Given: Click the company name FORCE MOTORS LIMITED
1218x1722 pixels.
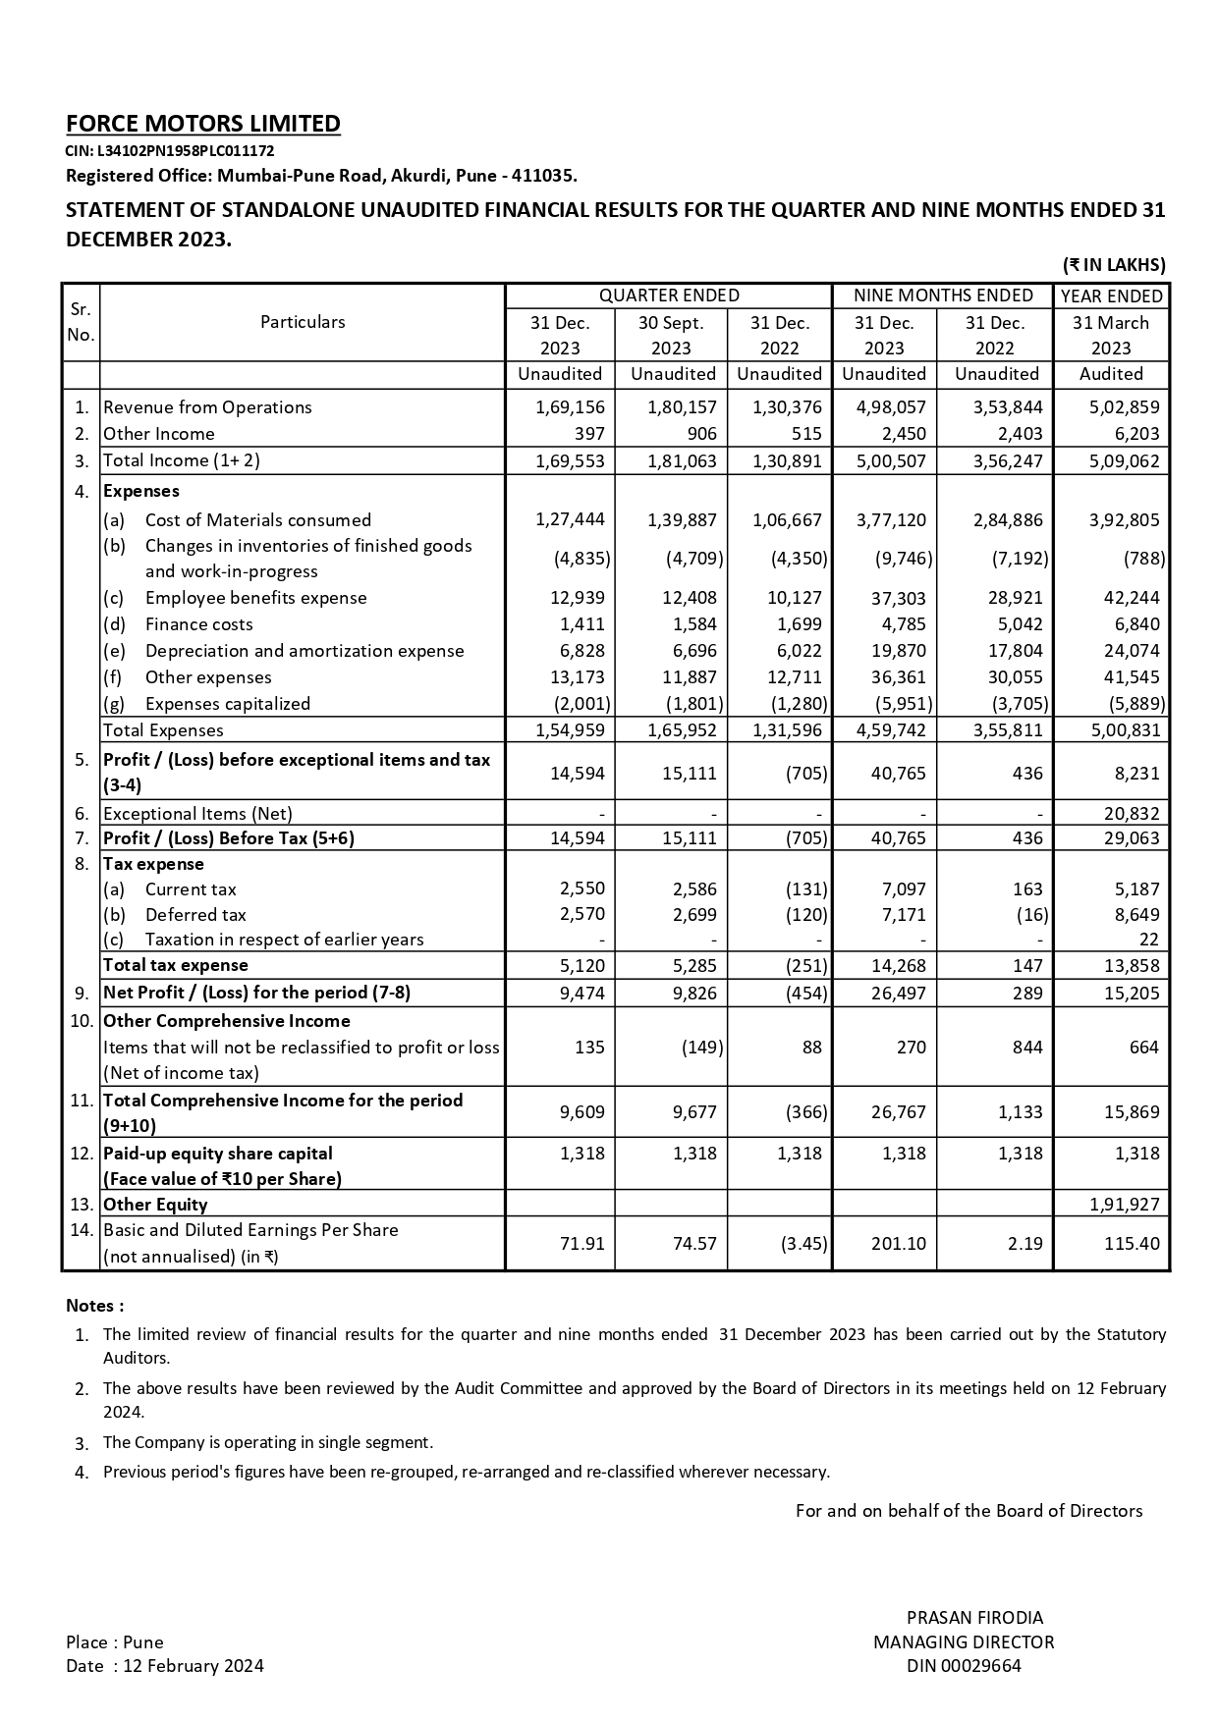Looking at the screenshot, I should coord(203,124).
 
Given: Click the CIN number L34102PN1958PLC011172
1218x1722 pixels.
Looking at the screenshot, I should coord(170,151).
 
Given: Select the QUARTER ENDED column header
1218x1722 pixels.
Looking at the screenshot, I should coord(669,296).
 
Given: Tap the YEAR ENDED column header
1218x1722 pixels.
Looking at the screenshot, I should coord(1111,296).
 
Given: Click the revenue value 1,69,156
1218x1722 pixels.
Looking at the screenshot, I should coord(570,407).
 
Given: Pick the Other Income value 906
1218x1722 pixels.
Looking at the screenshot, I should coord(701,434).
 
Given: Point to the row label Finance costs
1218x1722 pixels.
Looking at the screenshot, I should coord(198,624).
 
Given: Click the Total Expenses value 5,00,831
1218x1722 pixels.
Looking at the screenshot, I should coord(1124,730).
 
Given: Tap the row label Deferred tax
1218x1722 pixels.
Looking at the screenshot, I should coord(195,915).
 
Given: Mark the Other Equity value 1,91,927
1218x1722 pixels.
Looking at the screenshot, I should coord(1124,1205).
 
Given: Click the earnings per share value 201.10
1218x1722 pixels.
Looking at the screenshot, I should coord(898,1244).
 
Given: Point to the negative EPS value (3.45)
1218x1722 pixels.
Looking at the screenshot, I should coord(803,1244).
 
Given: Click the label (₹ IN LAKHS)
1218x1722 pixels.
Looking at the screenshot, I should coord(1114,265).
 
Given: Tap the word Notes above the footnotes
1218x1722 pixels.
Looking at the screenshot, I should coord(94,1306).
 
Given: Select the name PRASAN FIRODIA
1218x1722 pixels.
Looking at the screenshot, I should coord(974,1618).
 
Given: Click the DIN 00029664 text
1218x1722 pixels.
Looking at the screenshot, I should coord(964,1666).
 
